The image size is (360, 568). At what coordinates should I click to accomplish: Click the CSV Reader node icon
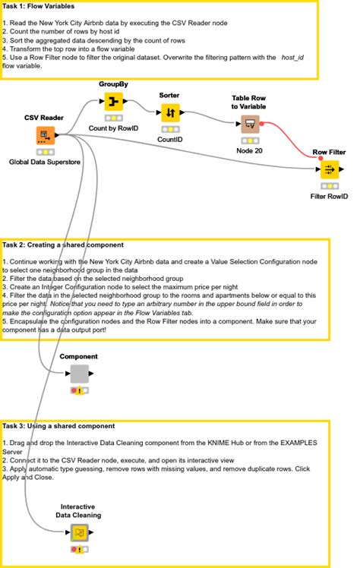click(x=45, y=136)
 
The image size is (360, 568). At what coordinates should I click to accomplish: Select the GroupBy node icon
click(x=114, y=102)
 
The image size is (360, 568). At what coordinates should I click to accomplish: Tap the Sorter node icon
click(x=169, y=112)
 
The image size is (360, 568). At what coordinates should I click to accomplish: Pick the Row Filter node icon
click(x=330, y=169)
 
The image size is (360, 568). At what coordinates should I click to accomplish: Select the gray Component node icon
click(x=80, y=374)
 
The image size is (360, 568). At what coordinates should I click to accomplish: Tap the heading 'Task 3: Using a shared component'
click(x=59, y=426)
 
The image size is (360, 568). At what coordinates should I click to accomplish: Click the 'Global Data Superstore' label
click(x=45, y=162)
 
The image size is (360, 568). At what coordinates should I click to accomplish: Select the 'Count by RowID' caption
click(x=114, y=129)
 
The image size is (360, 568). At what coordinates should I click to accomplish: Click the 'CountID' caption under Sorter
click(x=169, y=140)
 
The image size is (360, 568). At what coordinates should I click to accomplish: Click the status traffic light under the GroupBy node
click(x=114, y=118)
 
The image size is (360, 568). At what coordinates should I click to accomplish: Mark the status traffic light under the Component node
click(x=80, y=390)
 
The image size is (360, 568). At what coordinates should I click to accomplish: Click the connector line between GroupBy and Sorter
click(x=141, y=106)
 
